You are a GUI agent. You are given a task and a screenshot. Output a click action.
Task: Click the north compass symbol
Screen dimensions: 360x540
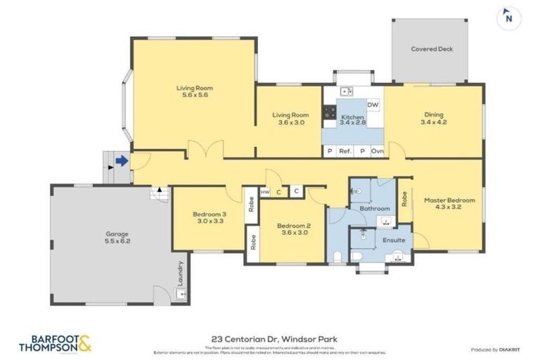click(x=508, y=19)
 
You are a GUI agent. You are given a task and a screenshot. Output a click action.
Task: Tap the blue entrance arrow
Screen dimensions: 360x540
click(x=122, y=161)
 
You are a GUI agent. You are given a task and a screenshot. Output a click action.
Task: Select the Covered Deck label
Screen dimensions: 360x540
click(x=432, y=49)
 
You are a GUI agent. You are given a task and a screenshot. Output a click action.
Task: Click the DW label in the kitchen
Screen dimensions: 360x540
click(x=373, y=105)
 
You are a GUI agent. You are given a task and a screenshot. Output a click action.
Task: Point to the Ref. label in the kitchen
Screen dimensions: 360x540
click(x=345, y=151)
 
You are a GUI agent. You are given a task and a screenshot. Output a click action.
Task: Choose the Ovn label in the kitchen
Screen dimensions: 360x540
click(x=377, y=151)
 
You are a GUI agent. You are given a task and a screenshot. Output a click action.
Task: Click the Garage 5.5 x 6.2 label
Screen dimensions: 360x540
click(x=98, y=237)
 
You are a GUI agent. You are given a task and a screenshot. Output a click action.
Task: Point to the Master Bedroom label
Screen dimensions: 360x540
click(x=449, y=204)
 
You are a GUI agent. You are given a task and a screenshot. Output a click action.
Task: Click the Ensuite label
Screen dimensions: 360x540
click(x=393, y=240)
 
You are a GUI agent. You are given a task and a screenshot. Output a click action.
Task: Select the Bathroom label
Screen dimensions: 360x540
click(x=375, y=209)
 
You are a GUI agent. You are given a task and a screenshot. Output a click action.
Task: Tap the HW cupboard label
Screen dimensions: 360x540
click(x=264, y=191)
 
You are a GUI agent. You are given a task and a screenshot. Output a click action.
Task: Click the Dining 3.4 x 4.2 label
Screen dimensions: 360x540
click(x=433, y=118)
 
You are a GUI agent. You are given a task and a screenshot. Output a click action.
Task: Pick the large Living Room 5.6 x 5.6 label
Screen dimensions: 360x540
click(x=194, y=91)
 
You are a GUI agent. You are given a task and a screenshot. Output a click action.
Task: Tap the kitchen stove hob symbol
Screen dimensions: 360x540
click(x=328, y=111)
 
